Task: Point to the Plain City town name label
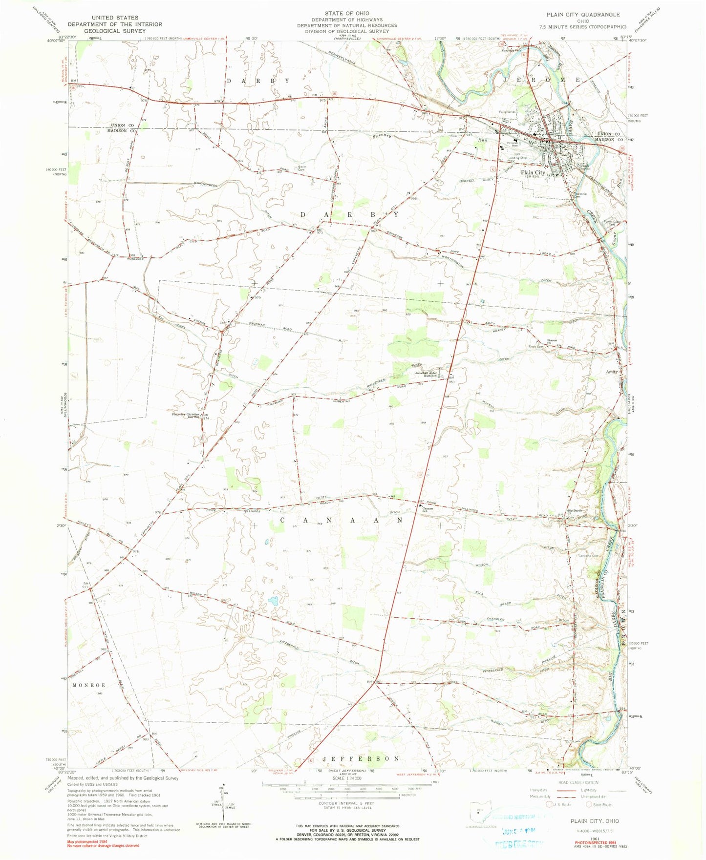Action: pyautogui.click(x=533, y=172)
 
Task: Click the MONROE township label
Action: pyautogui.click(x=89, y=686)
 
